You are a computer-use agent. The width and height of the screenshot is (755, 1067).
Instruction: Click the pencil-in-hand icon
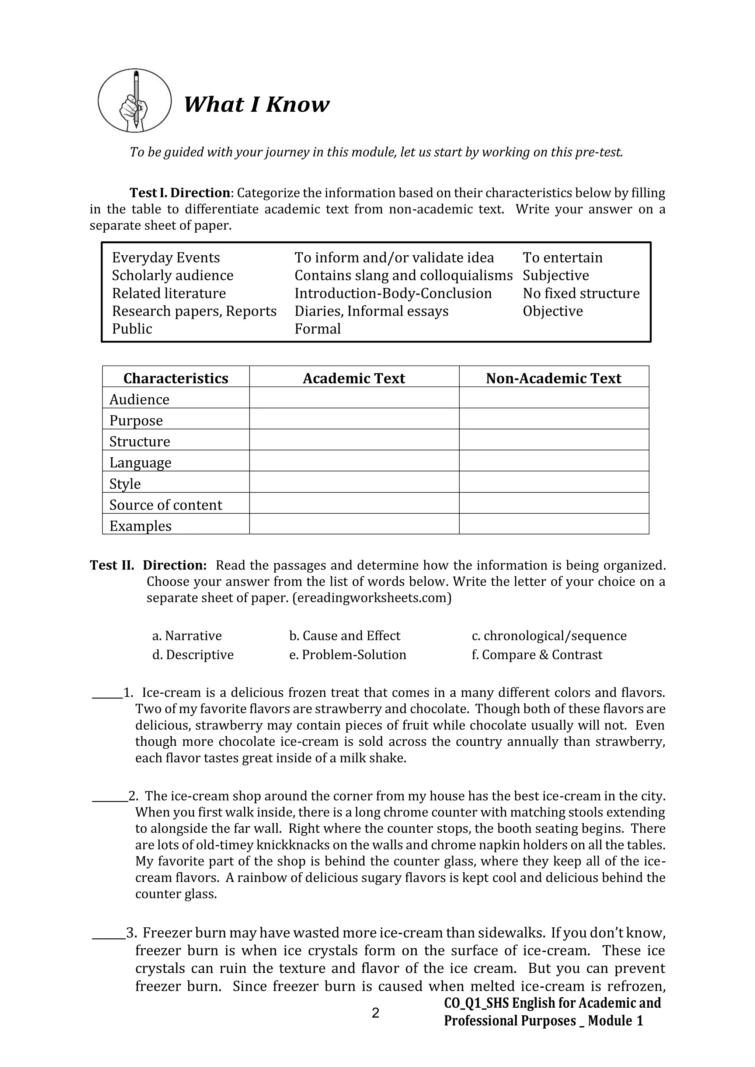pos(134,100)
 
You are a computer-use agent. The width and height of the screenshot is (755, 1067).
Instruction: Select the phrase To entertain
pos(562,258)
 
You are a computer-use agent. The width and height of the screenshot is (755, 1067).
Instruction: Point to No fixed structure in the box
pos(581,293)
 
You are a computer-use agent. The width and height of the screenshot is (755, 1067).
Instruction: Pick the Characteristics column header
pos(176,378)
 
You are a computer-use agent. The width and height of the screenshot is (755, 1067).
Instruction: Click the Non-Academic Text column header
pos(553,378)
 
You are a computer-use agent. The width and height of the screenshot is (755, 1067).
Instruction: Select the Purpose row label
pos(136,420)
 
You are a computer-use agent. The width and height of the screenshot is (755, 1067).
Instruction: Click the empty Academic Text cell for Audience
pos(354,398)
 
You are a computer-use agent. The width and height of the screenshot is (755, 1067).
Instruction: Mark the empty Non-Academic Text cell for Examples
pos(553,524)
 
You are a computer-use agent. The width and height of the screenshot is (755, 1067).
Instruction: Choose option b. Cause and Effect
pos(344,635)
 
